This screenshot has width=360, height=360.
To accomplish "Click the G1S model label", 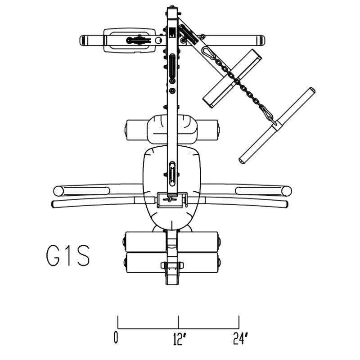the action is pos(68,256).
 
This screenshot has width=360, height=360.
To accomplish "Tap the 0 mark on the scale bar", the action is pos(116,337).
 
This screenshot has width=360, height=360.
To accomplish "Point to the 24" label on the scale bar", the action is pos(241,338).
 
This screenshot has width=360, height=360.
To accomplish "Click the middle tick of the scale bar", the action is pos(178,322).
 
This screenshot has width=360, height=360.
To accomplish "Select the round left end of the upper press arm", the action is pos(58,191).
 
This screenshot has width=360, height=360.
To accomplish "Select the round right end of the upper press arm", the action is pos(287,191).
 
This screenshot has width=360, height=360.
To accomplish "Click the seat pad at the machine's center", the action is pos(172,184).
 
